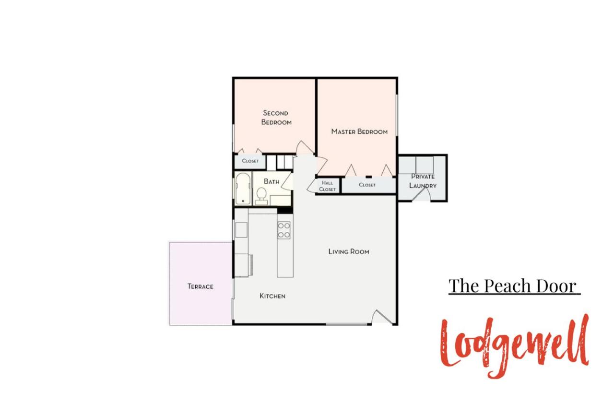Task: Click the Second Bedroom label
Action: pos(276,118)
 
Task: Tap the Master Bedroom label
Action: pos(359,131)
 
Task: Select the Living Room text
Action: pos(349,251)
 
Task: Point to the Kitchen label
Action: pos(272,296)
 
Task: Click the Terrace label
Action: pos(201,286)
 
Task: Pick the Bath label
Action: pos(272,181)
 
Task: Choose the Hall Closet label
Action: pos(327,186)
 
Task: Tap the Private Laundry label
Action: pos(423,181)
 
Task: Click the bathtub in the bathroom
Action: pos(243,189)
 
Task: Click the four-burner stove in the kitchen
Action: pos(283,230)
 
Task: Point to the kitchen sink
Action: pos(241,230)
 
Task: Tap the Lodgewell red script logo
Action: pos(515,346)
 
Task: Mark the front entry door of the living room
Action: pos(383,317)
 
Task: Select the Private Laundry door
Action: pos(421,195)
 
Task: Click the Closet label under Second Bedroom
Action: pos(250,161)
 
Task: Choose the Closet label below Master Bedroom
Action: pos(367,185)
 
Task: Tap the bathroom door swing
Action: pos(287,181)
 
